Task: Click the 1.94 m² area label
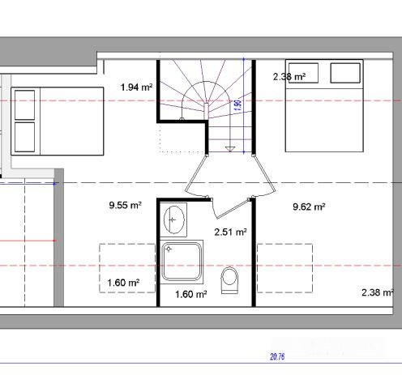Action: [x=136, y=87]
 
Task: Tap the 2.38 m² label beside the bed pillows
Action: [x=289, y=77]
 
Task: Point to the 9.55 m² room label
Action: [x=125, y=206]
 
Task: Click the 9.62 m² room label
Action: [x=309, y=207]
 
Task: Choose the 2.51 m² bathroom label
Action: [x=229, y=232]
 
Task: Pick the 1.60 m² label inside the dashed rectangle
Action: [x=123, y=283]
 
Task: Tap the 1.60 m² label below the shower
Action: [x=191, y=293]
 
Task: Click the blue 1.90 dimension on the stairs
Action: [x=237, y=105]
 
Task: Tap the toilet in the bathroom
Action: [x=231, y=279]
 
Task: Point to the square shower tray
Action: [x=180, y=262]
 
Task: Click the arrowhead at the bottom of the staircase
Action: [x=231, y=149]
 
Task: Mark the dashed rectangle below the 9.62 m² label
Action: [x=284, y=268]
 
